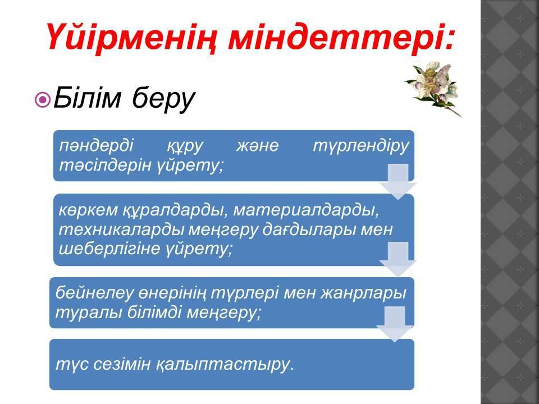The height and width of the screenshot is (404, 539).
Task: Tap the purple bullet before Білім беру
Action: click(x=43, y=100)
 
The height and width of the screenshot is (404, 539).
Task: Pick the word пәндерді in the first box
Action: click(x=96, y=145)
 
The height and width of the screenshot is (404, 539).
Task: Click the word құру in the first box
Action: click(x=185, y=146)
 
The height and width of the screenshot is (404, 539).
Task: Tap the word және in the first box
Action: click(x=257, y=146)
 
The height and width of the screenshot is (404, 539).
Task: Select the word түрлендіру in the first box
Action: click(x=361, y=146)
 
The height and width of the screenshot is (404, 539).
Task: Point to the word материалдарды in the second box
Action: click(x=306, y=210)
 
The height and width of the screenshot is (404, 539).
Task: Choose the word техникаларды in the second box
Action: click(x=121, y=229)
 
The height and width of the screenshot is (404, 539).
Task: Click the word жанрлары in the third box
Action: click(x=363, y=293)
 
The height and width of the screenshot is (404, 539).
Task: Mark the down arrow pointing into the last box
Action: click(x=395, y=324)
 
